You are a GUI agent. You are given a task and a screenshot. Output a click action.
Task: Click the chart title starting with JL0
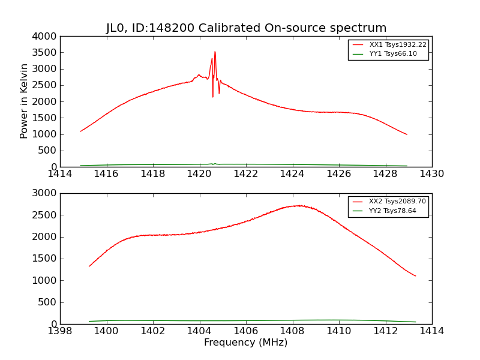tap(246, 28)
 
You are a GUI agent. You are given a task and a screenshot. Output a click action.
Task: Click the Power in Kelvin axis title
tap(25, 101)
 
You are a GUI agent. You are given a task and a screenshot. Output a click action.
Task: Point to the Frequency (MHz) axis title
tap(245, 343)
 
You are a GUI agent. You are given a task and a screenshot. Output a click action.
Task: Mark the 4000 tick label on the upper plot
tap(46, 36)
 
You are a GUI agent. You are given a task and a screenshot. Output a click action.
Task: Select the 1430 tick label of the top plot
tap(431, 174)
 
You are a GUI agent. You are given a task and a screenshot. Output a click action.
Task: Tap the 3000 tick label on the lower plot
tap(46, 193)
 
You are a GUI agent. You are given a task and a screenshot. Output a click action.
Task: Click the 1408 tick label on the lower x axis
tap(292, 331)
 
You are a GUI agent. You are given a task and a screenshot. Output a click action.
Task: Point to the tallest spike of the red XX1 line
tap(215, 52)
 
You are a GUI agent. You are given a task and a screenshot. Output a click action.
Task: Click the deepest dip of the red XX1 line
tap(212, 97)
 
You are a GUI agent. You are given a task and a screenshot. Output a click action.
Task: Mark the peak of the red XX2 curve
tap(299, 205)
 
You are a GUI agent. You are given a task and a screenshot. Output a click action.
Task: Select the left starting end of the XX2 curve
tap(89, 266)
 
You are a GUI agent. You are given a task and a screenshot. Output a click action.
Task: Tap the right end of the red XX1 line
tap(407, 134)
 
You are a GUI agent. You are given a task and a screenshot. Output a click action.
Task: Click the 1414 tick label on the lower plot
tap(431, 331)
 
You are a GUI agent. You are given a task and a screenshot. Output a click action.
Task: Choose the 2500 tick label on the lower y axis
tap(46, 215)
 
